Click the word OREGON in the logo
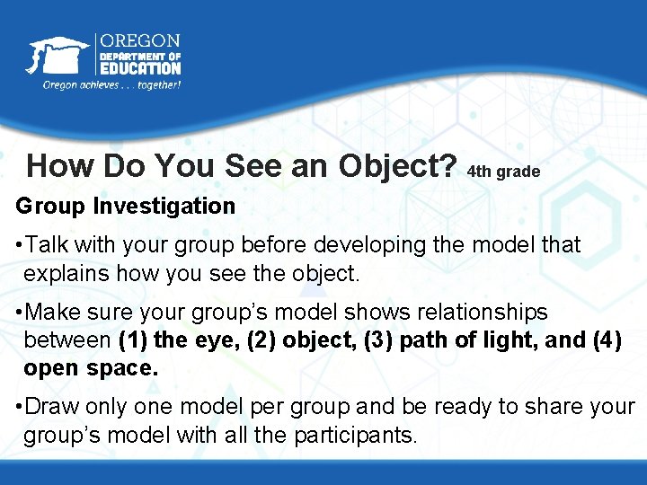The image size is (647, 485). [x=139, y=41]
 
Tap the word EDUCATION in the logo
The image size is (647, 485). [x=139, y=68]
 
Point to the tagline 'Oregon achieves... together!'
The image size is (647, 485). [x=112, y=85]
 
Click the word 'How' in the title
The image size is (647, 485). [x=60, y=166]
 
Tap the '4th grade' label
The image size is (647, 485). [x=504, y=171]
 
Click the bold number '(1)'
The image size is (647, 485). [x=134, y=341]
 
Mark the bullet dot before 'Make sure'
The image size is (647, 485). [x=21, y=313]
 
